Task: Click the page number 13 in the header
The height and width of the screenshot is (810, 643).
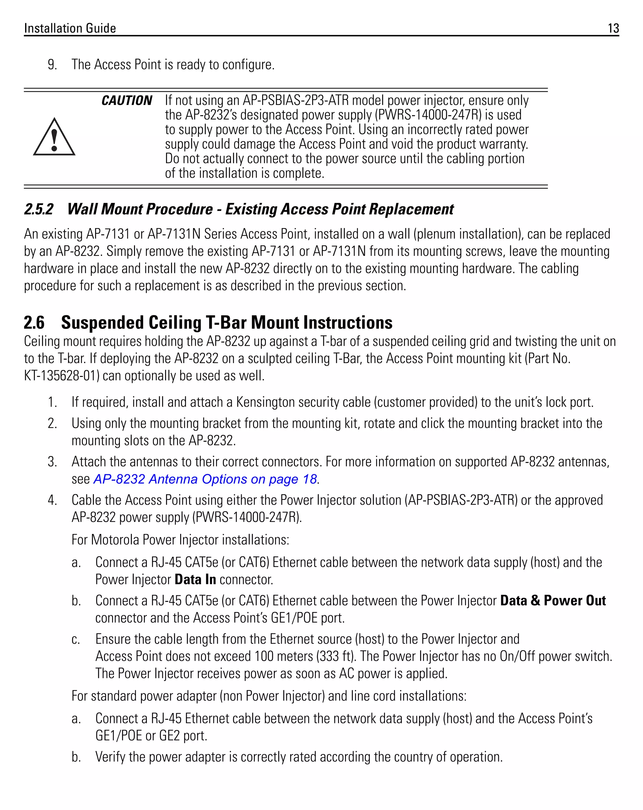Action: pos(613,28)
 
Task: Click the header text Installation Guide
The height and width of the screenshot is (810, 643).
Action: pos(70,28)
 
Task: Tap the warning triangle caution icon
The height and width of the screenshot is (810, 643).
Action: pos(54,138)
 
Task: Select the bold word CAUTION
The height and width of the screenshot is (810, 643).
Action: pos(127,101)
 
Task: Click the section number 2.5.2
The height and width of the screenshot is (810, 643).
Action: pos(39,209)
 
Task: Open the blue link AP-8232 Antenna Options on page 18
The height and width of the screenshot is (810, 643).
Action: pos(205,479)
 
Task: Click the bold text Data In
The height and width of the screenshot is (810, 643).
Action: pos(195,579)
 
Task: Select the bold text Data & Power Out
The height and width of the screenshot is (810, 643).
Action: pos(553,601)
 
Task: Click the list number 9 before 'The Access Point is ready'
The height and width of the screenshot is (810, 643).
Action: pos(52,65)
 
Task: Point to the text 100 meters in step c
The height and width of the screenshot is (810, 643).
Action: pos(284,656)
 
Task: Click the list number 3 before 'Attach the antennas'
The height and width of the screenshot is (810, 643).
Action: pos(52,461)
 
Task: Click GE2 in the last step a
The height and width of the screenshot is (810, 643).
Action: pos(170,736)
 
